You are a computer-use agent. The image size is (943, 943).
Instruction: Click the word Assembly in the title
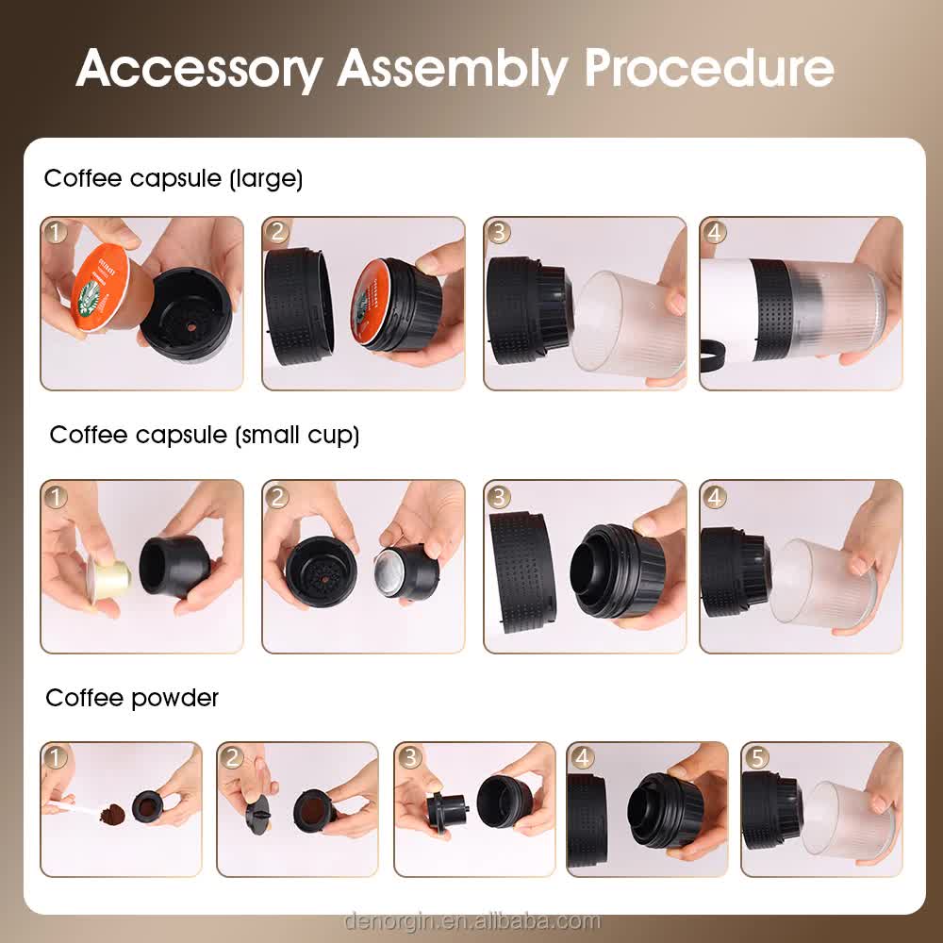coord(454,68)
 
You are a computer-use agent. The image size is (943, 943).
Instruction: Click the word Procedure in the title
coord(708,68)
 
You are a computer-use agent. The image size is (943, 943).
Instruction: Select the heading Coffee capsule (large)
coord(174,178)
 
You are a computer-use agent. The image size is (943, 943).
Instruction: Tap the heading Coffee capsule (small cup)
coord(205,435)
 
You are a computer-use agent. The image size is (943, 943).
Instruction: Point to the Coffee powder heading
coord(132,698)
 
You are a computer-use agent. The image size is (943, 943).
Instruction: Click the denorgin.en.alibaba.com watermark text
coord(471,920)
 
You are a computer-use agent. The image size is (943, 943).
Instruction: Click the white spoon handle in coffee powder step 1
coord(66,806)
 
